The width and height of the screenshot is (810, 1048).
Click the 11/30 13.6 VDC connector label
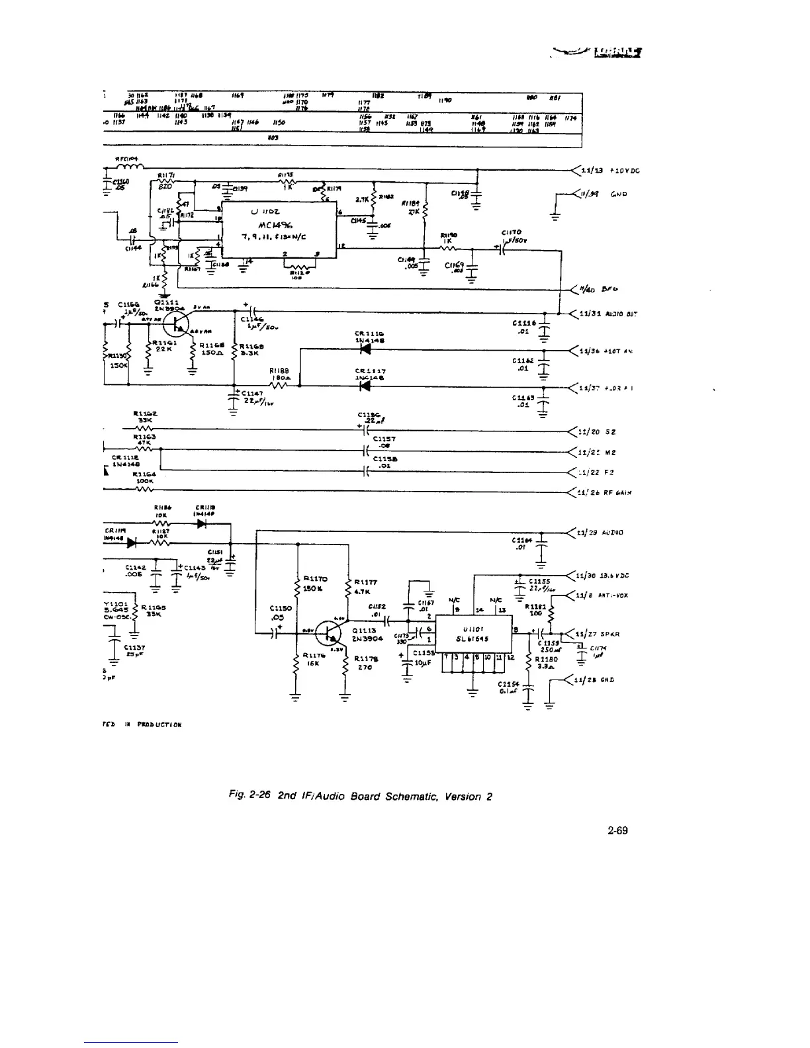pyautogui.click(x=603, y=576)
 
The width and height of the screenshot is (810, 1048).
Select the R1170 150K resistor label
pyautogui.click(x=312, y=582)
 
